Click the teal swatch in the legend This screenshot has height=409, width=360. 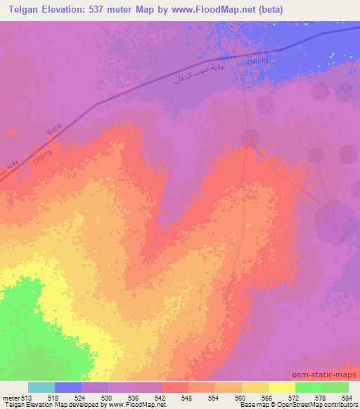41,387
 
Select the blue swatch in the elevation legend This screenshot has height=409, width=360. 68,387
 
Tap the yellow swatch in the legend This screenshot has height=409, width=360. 281,387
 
